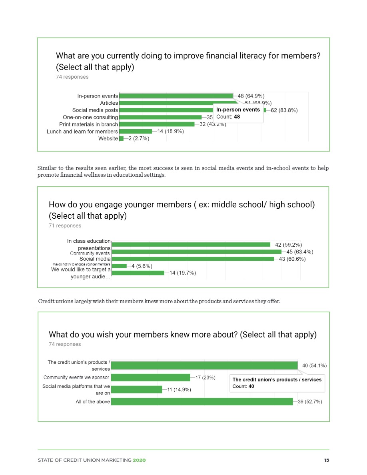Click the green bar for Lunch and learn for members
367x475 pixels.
click(136, 131)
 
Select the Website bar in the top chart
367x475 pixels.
click(122, 138)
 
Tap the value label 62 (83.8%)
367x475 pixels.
click(284, 110)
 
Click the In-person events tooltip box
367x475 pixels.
click(238, 113)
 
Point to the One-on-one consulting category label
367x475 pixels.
click(90, 117)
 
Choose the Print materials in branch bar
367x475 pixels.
click(157, 124)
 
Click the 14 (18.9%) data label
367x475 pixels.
click(170, 131)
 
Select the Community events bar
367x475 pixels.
click(196, 252)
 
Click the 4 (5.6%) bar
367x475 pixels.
click(120, 266)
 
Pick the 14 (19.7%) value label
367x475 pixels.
click(182, 273)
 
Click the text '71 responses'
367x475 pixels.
click(65, 226)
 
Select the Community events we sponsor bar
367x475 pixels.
click(150, 377)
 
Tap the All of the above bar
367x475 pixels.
click(201, 401)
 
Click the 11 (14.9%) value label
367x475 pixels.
click(179, 390)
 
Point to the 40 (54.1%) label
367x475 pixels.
click(315, 365)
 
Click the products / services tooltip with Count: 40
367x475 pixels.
click(277, 383)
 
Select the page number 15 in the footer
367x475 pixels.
click(326, 460)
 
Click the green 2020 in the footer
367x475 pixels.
click(139, 460)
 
